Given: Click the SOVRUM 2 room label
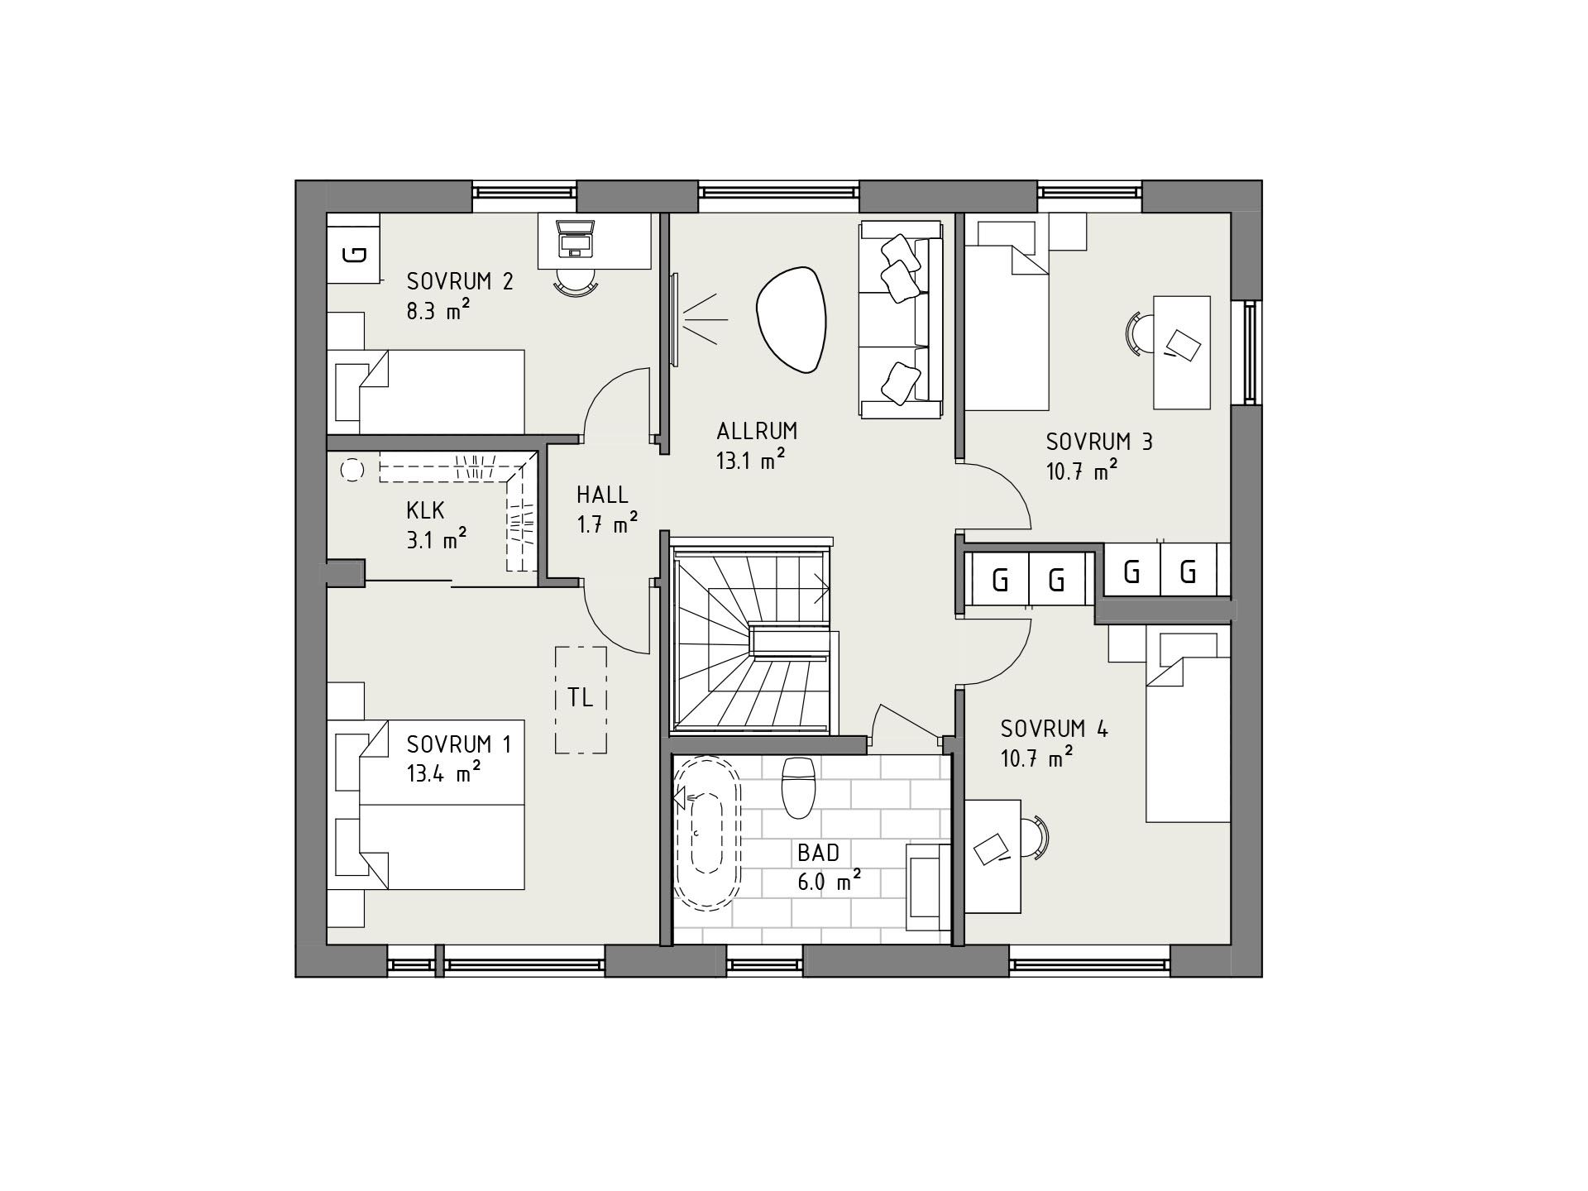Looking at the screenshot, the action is click(460, 281).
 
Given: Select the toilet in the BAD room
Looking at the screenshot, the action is click(799, 787).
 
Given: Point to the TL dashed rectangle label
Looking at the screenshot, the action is click(581, 697).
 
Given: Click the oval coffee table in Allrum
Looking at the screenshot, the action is click(792, 319).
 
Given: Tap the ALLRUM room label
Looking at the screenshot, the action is click(757, 431).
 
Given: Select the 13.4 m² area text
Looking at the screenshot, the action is click(444, 773).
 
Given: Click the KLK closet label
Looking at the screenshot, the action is click(425, 509).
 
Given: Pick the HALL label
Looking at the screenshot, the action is click(602, 495).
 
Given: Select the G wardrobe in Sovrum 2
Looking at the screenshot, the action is click(353, 253).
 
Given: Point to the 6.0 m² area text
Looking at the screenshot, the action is click(830, 882).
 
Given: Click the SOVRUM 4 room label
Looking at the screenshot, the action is click(1055, 729).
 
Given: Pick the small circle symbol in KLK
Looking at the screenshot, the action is click(352, 470).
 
